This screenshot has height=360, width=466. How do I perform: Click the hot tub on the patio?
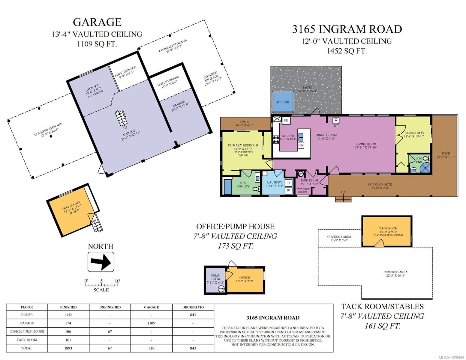pos(282,102)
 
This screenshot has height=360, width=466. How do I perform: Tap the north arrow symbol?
pos(101,262)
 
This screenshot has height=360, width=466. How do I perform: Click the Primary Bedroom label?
pos(243,145)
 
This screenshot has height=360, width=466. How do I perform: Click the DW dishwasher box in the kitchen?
pos(301,145)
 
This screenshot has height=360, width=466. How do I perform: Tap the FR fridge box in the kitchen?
pos(286,121)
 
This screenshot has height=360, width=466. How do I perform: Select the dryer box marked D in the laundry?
pos(289,183)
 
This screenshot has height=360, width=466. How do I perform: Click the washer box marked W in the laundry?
pos(289,190)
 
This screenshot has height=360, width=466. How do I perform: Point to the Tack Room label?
pos(388,228)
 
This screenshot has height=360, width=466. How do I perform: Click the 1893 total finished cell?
pos(68,348)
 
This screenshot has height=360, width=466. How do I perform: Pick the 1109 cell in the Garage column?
pos(151,323)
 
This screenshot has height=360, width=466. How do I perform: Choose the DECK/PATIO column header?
pos(193,307)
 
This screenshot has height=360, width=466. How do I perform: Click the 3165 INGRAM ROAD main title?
pos(347,29)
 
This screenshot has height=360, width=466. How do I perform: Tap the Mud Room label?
pos(309,181)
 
